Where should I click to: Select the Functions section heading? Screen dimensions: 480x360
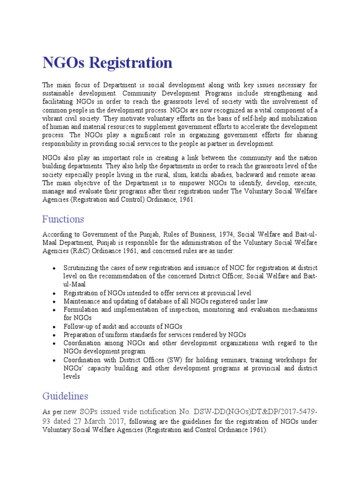(63, 219)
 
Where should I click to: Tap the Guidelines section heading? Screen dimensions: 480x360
(65, 396)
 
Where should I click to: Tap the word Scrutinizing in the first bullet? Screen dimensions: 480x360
(83, 268)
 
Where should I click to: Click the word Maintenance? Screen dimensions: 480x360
(83, 301)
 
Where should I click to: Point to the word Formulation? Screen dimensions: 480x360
(82, 310)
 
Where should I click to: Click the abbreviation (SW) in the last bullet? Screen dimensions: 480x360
(168, 360)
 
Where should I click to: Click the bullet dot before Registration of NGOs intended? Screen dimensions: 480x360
(54, 293)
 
